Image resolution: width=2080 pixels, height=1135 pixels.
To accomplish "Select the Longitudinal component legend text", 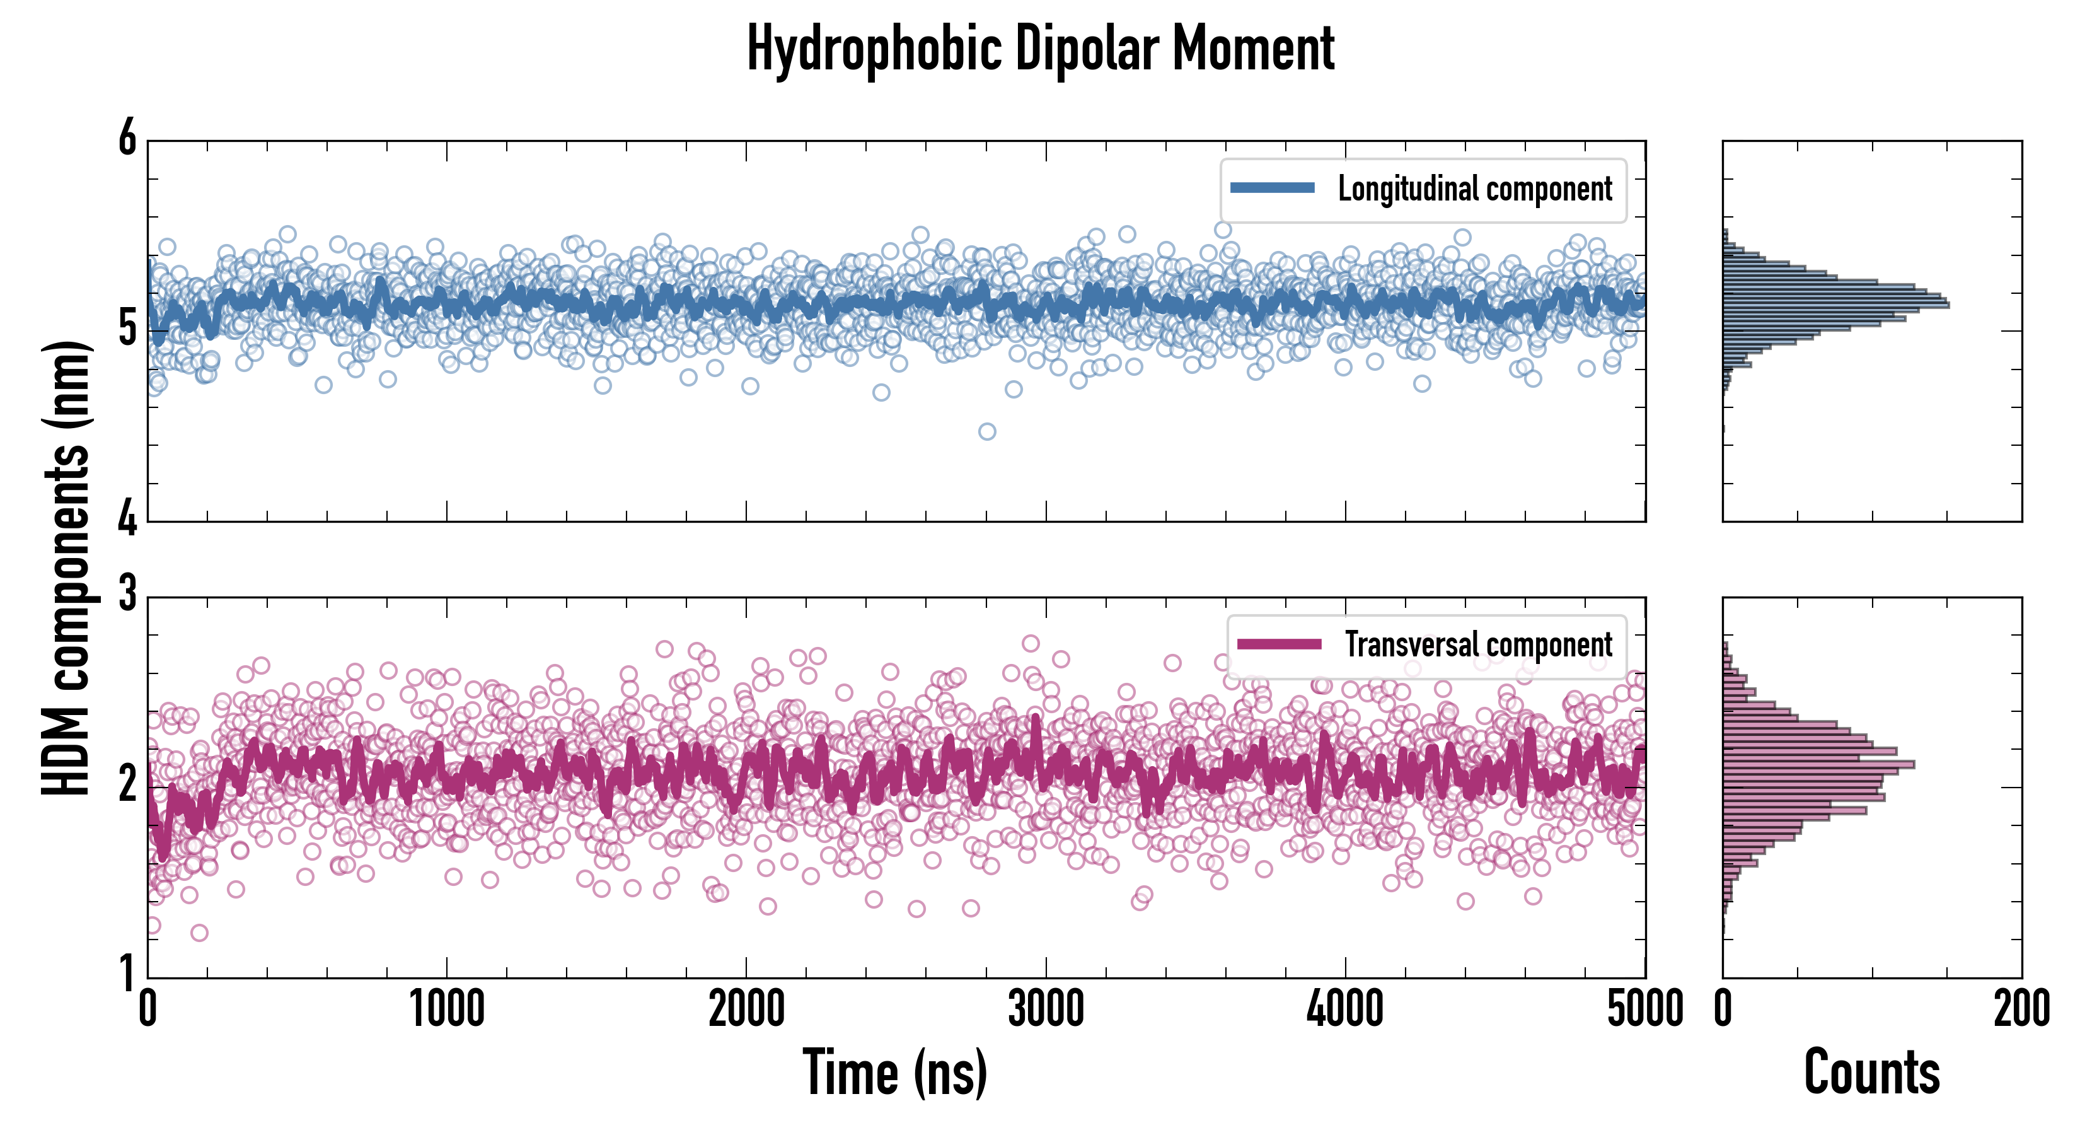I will [x=1474, y=189].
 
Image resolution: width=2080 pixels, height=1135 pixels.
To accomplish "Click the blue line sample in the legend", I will [x=1272, y=189].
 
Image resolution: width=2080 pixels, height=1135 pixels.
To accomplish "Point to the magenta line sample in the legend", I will [x=1278, y=644].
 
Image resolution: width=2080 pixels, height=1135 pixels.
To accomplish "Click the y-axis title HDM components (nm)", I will [x=66, y=567].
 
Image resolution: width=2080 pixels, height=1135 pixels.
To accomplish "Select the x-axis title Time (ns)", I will [x=894, y=1073].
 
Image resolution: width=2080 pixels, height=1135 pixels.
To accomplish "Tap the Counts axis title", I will [x=1871, y=1073].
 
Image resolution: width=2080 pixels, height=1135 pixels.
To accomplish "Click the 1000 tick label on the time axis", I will [x=446, y=1010].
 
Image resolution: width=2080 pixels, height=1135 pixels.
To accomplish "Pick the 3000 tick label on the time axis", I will [x=1046, y=1010].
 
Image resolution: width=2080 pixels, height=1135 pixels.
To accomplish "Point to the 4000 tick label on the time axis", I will [x=1345, y=1010].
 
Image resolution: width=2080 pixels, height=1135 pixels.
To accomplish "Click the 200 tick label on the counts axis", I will [x=2021, y=1010].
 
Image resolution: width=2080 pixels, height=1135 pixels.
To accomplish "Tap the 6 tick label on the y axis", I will [x=127, y=138].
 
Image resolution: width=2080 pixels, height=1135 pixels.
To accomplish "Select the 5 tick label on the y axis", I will [x=127, y=328].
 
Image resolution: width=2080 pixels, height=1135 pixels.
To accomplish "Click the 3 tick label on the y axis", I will [x=127, y=595].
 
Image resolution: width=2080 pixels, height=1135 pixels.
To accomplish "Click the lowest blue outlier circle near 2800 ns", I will [x=986, y=431].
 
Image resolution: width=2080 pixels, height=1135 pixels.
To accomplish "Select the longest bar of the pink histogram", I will [x=1818, y=764].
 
